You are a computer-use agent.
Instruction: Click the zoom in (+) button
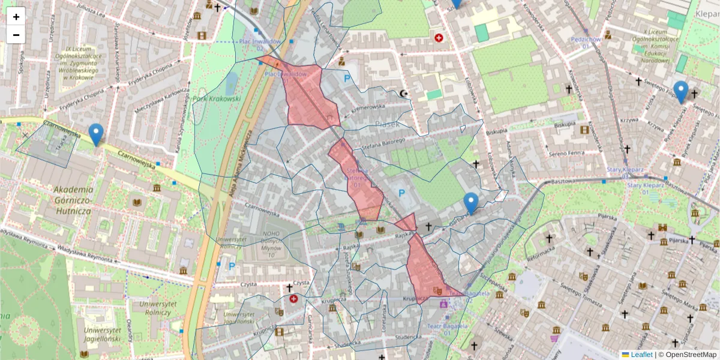16,17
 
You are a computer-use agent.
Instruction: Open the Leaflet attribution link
641,355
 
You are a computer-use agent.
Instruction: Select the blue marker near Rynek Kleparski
681,92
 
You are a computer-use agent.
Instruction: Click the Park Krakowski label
217,98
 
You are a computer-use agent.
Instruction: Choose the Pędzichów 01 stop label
586,43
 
